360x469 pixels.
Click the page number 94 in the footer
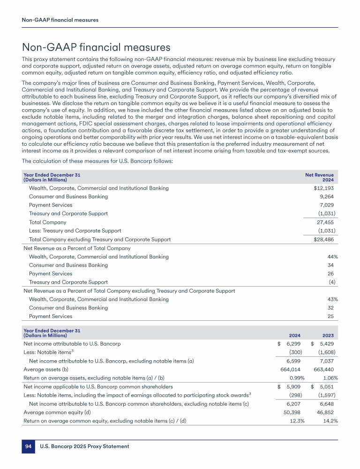click(28, 446)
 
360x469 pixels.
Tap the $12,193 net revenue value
click(324, 188)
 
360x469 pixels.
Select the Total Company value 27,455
click(326, 222)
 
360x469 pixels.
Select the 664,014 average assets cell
click(290, 370)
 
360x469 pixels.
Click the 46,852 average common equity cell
click(327, 412)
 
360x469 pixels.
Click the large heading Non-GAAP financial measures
click(96, 47)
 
